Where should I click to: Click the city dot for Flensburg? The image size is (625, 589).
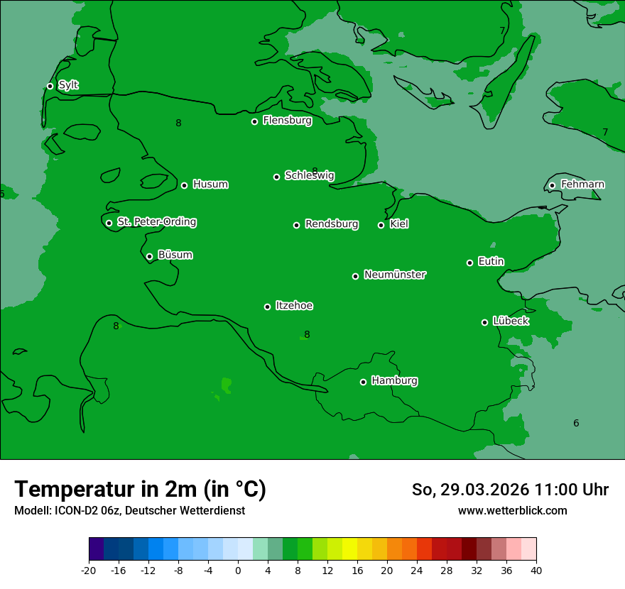point(254,121)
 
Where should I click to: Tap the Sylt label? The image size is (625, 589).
point(68,85)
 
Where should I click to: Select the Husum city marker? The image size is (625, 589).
point(184,185)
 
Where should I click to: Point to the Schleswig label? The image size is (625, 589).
point(309,175)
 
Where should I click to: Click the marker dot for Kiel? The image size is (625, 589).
point(381,225)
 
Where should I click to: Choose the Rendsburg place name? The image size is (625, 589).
point(332,224)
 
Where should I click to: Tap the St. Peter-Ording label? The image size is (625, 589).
point(157,222)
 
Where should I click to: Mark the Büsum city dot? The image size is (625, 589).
point(149,256)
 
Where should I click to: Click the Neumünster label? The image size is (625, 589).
point(395,275)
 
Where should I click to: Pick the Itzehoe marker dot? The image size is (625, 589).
point(267,307)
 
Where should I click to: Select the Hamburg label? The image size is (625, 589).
point(394,380)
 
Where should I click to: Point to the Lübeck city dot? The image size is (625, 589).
point(484,322)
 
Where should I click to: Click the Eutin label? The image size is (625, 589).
point(491,261)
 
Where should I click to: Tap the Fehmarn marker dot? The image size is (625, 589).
point(552,185)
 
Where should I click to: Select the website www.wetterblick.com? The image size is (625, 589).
point(512,511)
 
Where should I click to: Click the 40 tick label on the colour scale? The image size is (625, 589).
point(536,570)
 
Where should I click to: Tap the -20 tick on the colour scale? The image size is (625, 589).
point(89,570)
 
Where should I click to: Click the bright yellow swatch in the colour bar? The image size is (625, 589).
point(349,549)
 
